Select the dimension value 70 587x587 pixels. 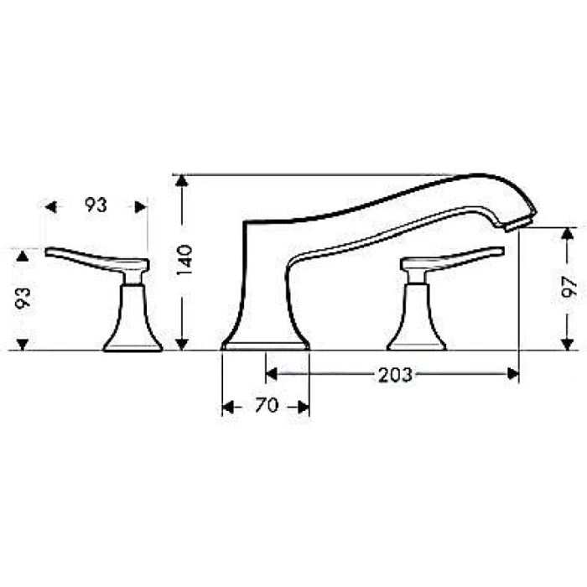click(x=266, y=407)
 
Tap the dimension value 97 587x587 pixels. click(x=570, y=288)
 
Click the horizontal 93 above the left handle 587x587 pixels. click(x=96, y=205)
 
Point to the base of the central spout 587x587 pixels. click(x=265, y=344)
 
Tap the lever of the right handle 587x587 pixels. click(x=457, y=257)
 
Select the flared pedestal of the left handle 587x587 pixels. click(x=132, y=323)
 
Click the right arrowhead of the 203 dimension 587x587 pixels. click(x=512, y=375)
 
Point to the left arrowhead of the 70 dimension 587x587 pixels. click(x=227, y=407)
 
